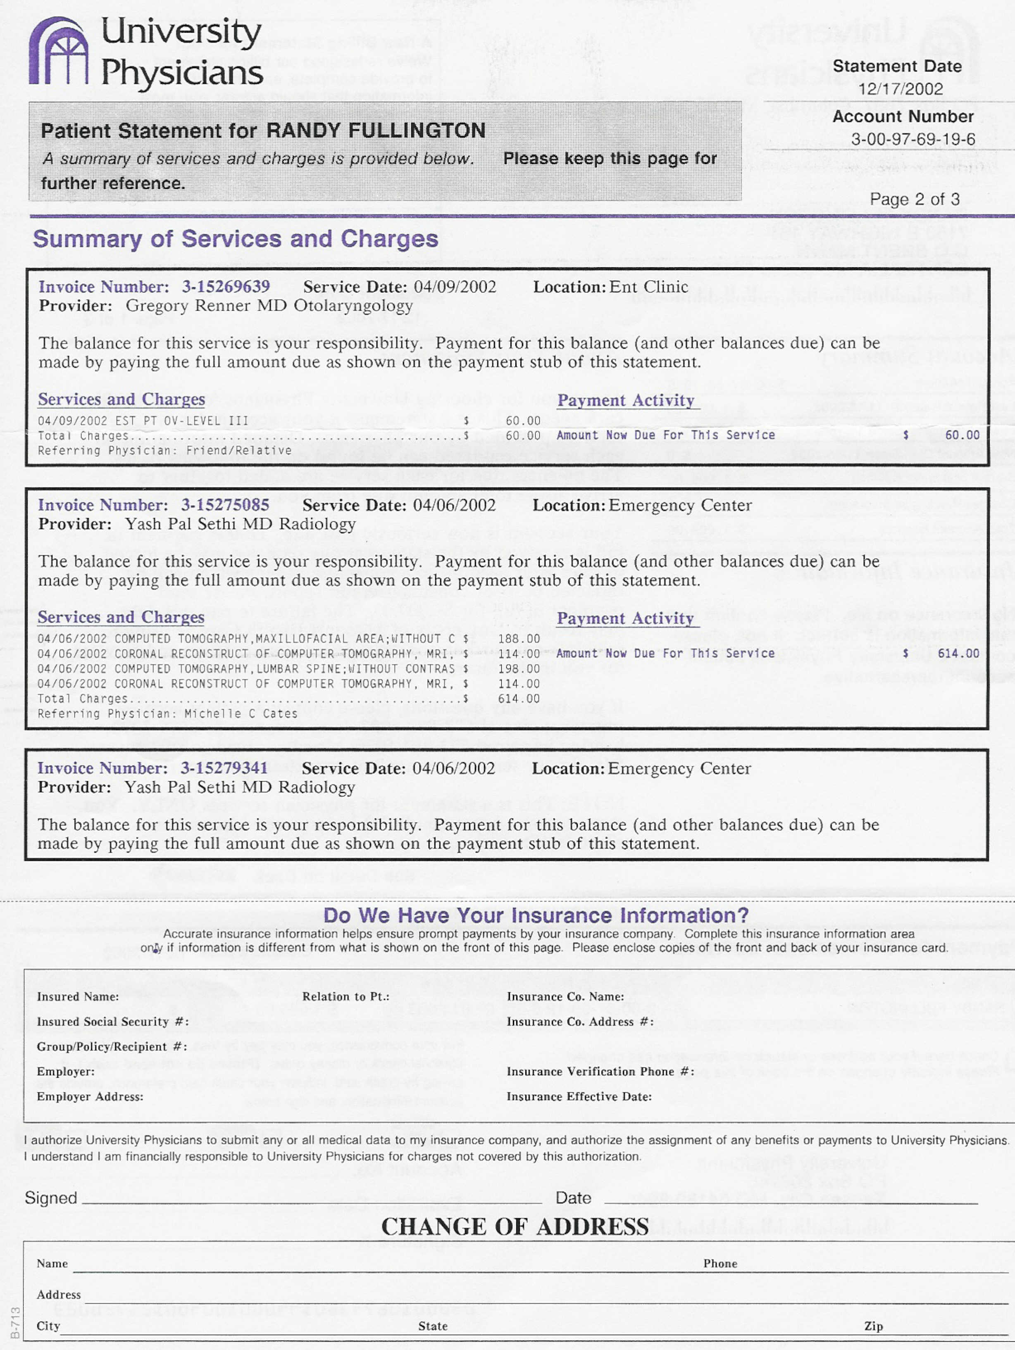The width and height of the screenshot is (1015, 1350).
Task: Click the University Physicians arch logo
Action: (x=59, y=51)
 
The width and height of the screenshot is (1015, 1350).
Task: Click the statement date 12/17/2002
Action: (x=900, y=89)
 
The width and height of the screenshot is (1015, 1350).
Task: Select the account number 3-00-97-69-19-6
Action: (x=913, y=140)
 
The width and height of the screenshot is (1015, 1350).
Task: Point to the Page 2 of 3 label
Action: (x=914, y=200)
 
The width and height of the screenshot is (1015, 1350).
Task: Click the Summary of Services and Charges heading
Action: (x=236, y=239)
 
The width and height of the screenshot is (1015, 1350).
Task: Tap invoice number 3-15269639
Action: (x=226, y=287)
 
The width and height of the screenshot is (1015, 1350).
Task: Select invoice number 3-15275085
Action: (x=225, y=505)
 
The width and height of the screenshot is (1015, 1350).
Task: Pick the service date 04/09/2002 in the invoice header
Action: (x=455, y=287)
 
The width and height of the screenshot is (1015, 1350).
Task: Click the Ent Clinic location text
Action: (x=648, y=287)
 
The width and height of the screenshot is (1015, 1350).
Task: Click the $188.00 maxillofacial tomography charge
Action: (x=519, y=639)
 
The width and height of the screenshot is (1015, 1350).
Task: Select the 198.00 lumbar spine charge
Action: (x=519, y=669)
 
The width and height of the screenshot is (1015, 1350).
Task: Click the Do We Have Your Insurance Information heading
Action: (x=536, y=915)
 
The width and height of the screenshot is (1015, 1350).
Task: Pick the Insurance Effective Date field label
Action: (x=579, y=1097)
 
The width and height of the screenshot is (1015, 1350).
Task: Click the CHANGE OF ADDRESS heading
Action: (x=515, y=1227)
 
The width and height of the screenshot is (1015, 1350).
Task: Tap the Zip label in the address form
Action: (x=873, y=1326)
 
